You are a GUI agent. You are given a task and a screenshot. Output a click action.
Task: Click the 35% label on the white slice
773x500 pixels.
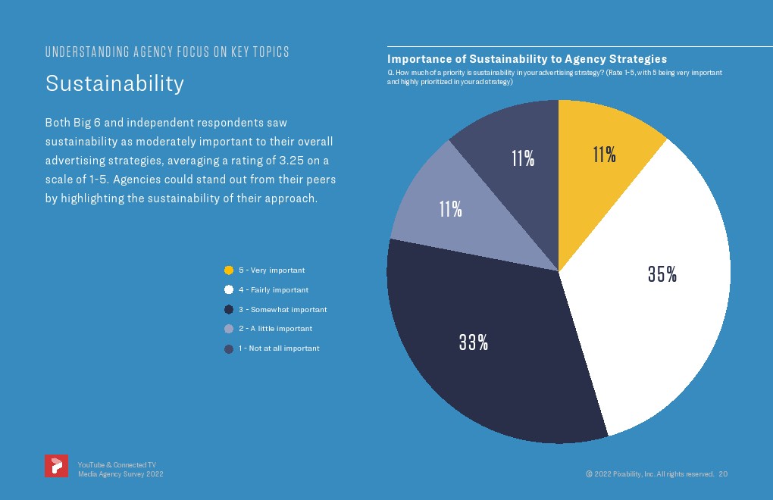coord(662,275)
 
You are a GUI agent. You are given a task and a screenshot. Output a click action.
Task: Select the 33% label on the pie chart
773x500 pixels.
coord(473,342)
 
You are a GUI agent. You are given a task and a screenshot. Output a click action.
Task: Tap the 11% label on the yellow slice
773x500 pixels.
coord(604,155)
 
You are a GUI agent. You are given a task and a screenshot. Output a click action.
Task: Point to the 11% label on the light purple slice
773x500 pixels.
coord(451,209)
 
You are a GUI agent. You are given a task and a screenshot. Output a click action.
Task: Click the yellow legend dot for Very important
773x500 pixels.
coord(229,270)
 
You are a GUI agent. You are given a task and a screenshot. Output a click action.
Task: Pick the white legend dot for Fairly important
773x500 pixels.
coord(229,290)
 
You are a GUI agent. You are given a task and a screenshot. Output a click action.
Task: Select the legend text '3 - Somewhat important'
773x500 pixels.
coord(283,310)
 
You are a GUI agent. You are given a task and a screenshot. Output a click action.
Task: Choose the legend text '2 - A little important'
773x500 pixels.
coord(275,329)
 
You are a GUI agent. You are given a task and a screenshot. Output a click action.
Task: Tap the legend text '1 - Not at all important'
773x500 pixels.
coord(279,348)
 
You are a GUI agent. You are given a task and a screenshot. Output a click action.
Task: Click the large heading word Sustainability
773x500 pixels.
coord(114,83)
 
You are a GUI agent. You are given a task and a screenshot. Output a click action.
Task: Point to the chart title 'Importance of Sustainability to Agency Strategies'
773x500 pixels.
coord(527,58)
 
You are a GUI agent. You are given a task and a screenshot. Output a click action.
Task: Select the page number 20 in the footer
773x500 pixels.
coord(723,473)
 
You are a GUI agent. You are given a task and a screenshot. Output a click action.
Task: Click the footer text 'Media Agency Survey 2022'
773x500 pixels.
coord(120,473)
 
